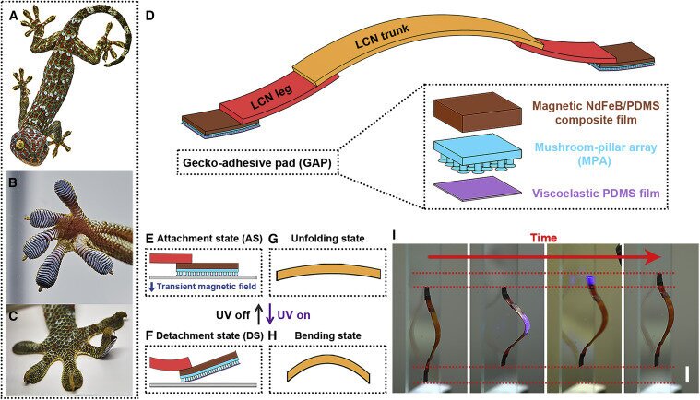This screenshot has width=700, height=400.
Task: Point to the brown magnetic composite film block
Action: click(487, 112)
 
